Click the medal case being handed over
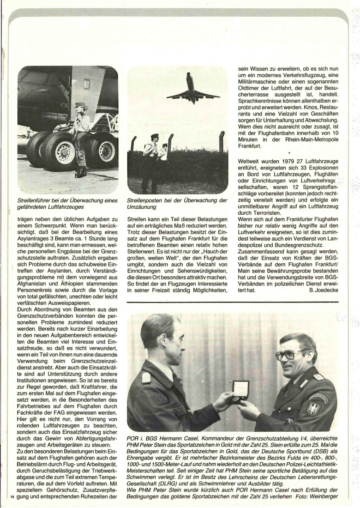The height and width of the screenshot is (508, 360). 240,391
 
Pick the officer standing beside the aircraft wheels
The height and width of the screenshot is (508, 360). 81,137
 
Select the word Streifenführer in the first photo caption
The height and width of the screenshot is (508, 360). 38,200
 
